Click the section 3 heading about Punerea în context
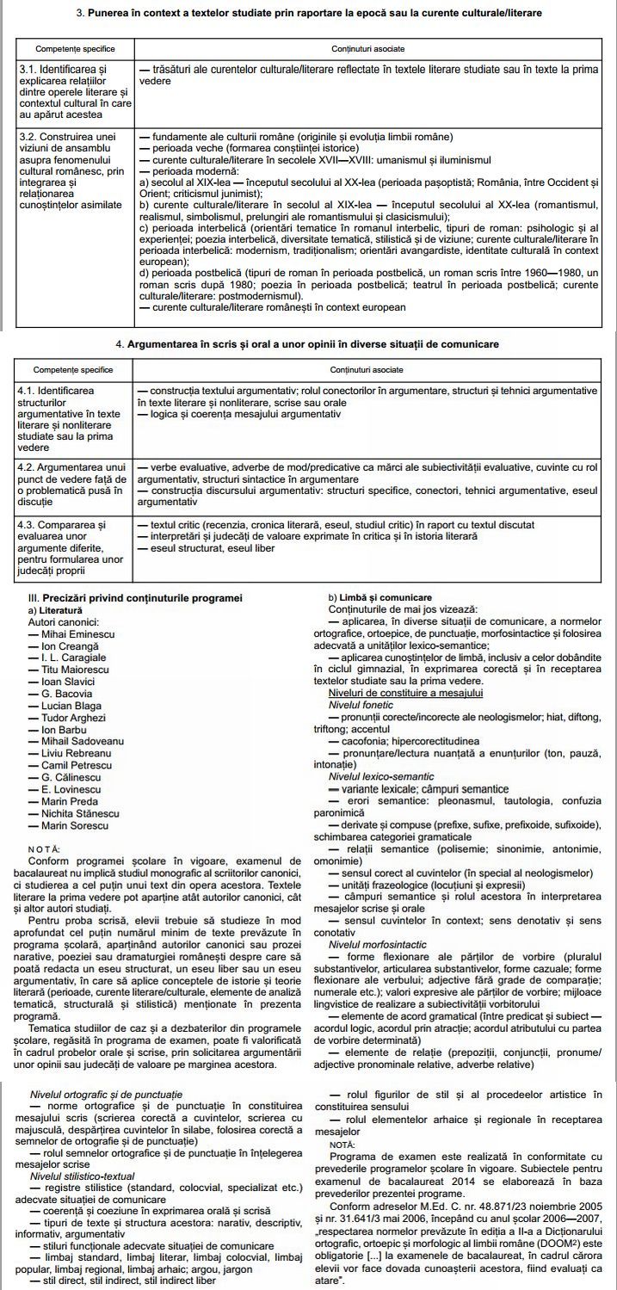point(309,14)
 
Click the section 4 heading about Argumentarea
point(307,344)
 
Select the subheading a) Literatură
point(55,609)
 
